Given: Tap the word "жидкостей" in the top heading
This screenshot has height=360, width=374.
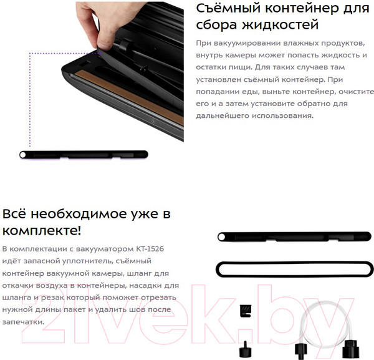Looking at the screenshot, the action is pos(280,25).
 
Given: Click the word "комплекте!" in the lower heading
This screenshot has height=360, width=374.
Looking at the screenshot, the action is pos(42,231).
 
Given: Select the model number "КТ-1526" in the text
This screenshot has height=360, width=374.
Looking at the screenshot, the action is pos(150,249).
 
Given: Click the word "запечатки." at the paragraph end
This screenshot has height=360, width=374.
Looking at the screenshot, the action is pos(24,322).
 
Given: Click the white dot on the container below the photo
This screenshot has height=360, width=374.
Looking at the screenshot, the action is pos(23,155).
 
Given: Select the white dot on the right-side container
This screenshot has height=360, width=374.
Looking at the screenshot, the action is pos(221,237).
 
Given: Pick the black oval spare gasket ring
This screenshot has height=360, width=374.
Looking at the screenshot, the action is pos(294,269).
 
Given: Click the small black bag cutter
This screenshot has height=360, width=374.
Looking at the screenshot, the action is pos(246,311).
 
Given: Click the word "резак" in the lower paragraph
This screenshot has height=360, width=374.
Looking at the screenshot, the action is pos(53,298).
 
